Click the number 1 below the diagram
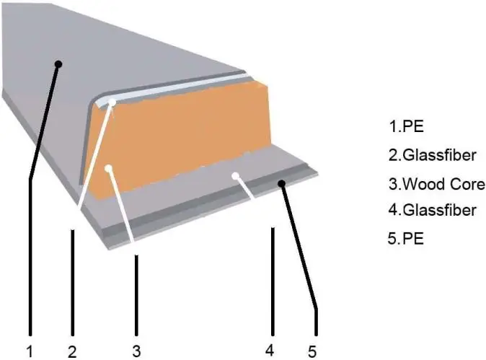click(x=30, y=351)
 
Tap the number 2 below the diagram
click(x=72, y=351)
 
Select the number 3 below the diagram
click(x=136, y=351)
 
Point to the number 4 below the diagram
click(x=270, y=351)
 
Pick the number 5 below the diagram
click(x=312, y=351)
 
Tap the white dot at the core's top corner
click(x=112, y=102)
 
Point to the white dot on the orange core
click(x=108, y=169)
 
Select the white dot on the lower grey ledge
click(x=235, y=175)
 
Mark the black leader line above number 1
click(x=30, y=260)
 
